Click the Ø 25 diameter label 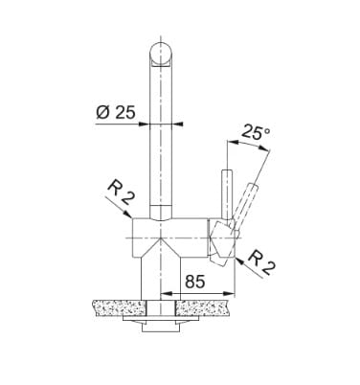(x=116, y=112)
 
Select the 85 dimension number (x=195, y=282)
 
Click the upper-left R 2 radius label (x=120, y=192)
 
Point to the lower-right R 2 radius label (x=261, y=263)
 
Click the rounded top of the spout (x=161, y=54)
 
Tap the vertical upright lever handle (x=227, y=194)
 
